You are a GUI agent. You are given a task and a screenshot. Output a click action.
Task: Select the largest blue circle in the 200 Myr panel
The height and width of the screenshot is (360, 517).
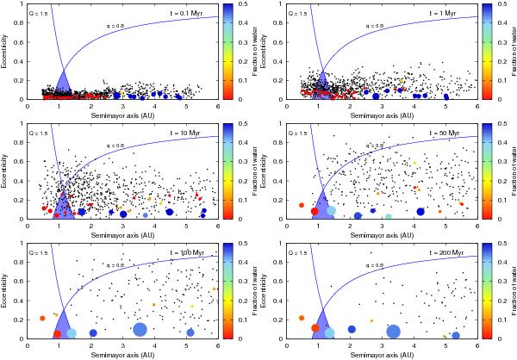click(394, 331)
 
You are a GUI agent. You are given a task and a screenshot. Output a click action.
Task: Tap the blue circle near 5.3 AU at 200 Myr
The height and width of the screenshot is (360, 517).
click(456, 335)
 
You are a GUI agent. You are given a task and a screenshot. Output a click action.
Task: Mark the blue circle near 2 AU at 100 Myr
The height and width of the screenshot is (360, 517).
click(92, 332)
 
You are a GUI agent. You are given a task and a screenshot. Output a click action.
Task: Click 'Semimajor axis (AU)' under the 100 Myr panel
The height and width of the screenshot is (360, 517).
click(113, 355)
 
